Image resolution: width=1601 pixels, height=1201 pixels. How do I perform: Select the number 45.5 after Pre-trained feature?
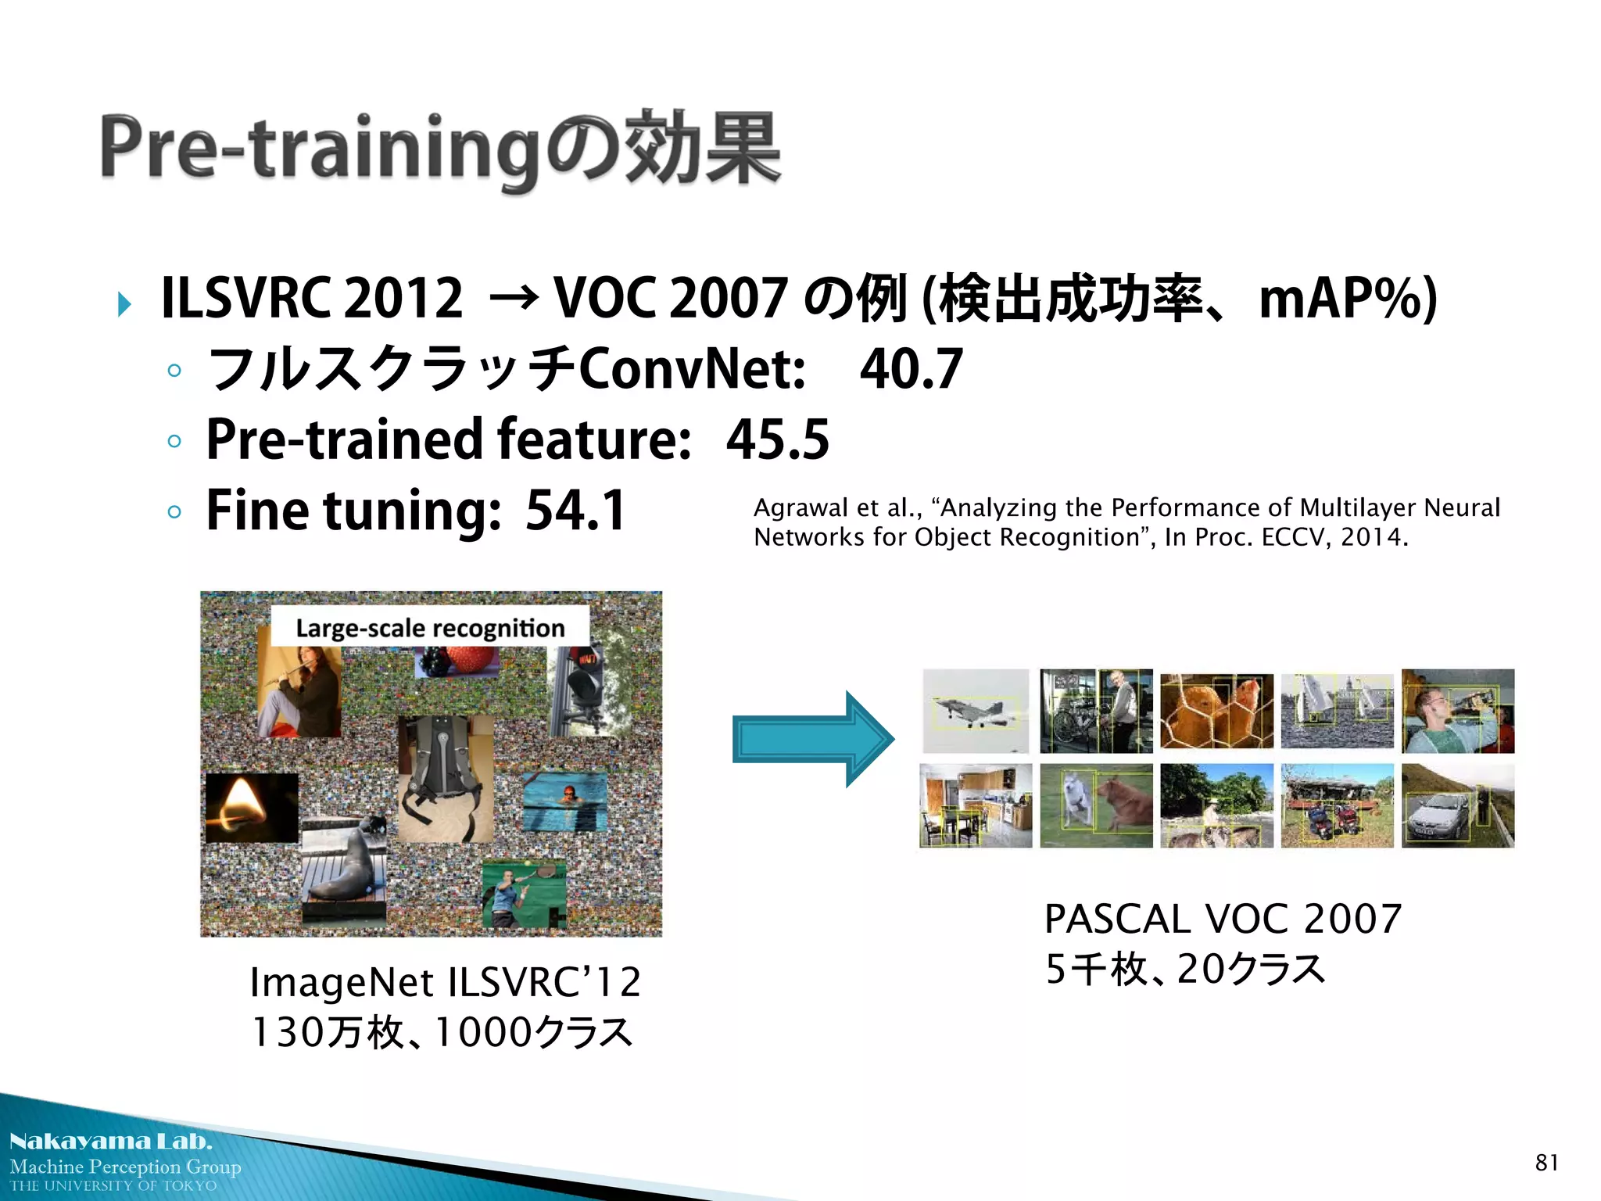click(777, 439)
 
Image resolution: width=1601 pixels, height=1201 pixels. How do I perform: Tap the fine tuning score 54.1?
click(575, 511)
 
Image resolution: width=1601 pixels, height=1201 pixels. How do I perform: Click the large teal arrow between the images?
click(812, 739)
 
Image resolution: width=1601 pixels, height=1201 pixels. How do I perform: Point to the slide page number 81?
click(1546, 1163)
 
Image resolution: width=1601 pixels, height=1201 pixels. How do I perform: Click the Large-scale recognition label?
click(430, 628)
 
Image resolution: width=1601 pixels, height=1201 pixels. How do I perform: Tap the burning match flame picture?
click(251, 807)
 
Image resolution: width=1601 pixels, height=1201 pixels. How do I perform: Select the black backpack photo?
click(445, 778)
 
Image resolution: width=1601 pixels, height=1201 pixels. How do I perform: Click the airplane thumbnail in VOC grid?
click(976, 711)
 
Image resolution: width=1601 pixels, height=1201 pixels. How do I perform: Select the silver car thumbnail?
click(1457, 806)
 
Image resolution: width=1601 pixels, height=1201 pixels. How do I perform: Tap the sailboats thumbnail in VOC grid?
click(1337, 711)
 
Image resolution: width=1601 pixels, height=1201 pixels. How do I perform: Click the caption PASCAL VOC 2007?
click(1223, 919)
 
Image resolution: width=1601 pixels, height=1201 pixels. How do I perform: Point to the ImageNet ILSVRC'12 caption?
click(445, 982)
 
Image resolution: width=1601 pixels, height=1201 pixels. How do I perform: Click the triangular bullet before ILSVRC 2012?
click(124, 303)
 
